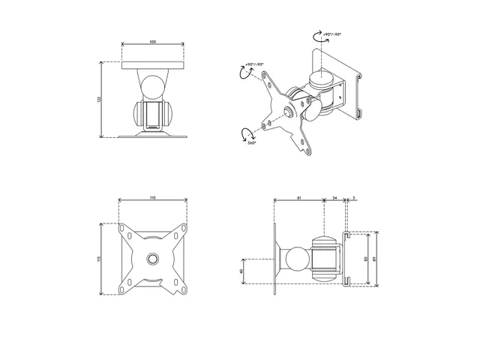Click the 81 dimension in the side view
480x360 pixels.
pyautogui.click(x=298, y=198)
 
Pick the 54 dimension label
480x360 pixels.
pyautogui.click(x=334, y=198)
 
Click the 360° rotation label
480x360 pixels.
pyautogui.click(x=251, y=142)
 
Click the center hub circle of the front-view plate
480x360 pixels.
pyautogui.click(x=153, y=257)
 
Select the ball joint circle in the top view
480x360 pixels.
pyautogui.click(x=152, y=84)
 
